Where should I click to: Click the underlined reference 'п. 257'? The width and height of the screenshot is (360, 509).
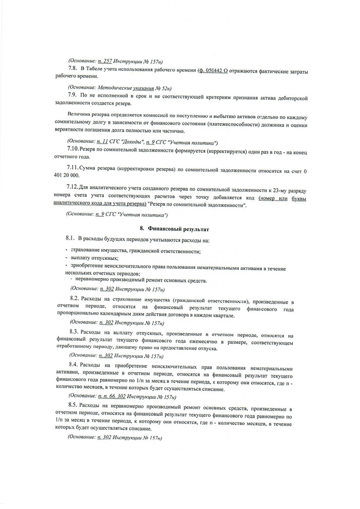pos(104,62)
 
